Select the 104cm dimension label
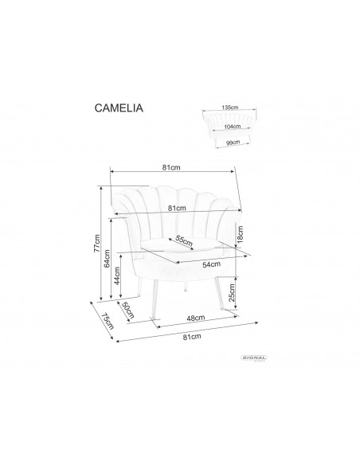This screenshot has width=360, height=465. coord(233,127)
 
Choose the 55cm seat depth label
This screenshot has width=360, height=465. coord(184,241)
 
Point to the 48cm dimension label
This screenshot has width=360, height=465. coord(194,318)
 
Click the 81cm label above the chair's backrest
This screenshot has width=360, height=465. coord(170,167)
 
